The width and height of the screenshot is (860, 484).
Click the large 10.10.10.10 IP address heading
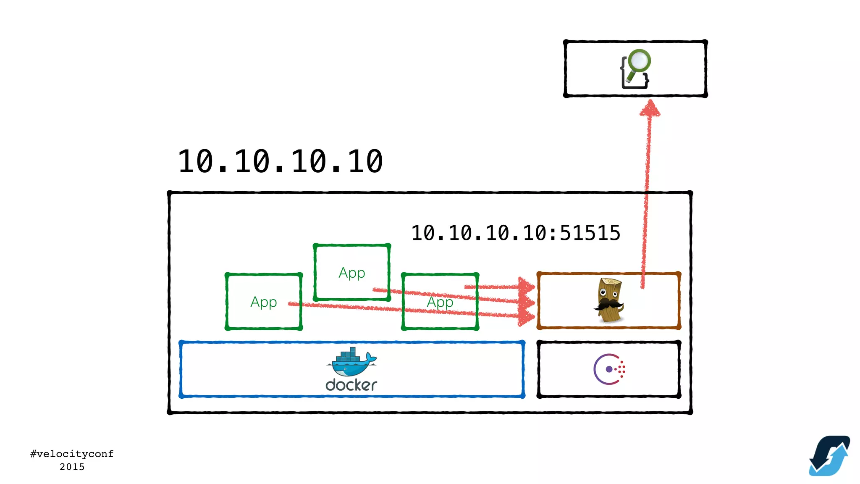pyautogui.click(x=280, y=162)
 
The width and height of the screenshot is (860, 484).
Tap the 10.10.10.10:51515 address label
pyautogui.click(x=516, y=233)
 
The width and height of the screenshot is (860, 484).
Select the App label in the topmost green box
pyautogui.click(x=352, y=273)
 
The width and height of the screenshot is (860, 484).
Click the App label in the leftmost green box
pyautogui.click(x=263, y=302)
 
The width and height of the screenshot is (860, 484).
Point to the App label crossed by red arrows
pyautogui.click(x=440, y=302)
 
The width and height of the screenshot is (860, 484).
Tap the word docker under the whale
pyautogui.click(x=351, y=385)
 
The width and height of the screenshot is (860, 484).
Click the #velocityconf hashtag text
pyautogui.click(x=72, y=454)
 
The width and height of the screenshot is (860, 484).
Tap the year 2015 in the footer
pyautogui.click(x=72, y=467)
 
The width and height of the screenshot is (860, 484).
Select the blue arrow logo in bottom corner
pyautogui.click(x=829, y=455)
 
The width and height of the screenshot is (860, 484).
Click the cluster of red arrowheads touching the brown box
pyautogui.click(x=526, y=301)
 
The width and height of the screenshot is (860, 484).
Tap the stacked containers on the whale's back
pyautogui.click(x=348, y=355)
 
